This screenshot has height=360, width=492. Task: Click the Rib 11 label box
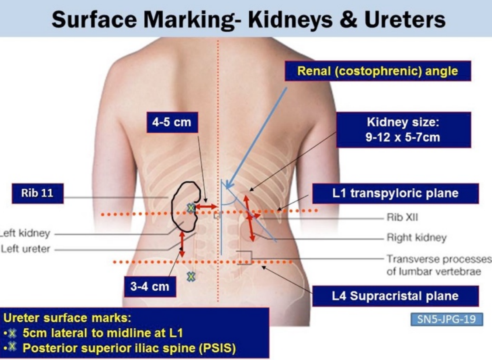click(x=37, y=193)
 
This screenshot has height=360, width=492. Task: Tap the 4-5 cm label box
click(x=172, y=122)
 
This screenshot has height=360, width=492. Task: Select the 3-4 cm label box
click(x=150, y=286)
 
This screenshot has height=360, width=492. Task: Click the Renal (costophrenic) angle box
click(x=377, y=71)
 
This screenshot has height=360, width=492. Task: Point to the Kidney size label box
click(x=403, y=130)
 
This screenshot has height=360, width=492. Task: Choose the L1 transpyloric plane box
click(x=395, y=193)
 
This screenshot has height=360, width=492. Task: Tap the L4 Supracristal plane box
click(x=395, y=296)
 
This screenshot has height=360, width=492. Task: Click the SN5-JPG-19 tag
click(x=446, y=319)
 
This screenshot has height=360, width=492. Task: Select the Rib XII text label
click(x=402, y=217)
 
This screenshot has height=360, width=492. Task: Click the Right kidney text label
click(x=416, y=238)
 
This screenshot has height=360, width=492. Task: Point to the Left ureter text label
click(x=25, y=249)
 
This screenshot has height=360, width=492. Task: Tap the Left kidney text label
click(x=25, y=233)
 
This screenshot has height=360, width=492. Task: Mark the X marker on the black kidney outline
click(x=191, y=208)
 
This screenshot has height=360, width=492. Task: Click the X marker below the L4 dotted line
click(x=191, y=276)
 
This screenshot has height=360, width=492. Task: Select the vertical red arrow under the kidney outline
click(x=181, y=244)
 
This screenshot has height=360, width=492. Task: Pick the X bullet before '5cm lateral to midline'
click(x=13, y=333)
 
